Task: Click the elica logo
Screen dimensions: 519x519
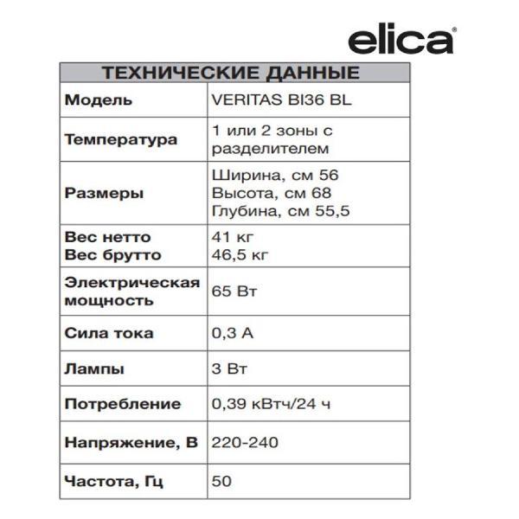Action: point(401,40)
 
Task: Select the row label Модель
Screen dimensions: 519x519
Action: point(99,99)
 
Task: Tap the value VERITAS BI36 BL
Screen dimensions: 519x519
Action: point(281,99)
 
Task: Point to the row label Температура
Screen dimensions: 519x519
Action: point(121,139)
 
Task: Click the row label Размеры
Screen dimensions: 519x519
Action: point(104,193)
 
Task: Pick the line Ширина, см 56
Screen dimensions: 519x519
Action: point(268,175)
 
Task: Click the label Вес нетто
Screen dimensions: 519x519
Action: point(107,237)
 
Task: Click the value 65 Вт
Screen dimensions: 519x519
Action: point(234,292)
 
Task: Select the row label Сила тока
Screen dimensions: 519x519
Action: point(109,333)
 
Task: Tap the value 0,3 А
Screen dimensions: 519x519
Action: point(231,333)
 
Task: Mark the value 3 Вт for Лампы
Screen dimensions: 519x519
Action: point(229,368)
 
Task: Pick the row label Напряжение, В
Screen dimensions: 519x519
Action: point(131,443)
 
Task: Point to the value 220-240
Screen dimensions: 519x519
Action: point(244,443)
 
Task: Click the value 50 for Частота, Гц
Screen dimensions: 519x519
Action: point(221,480)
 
